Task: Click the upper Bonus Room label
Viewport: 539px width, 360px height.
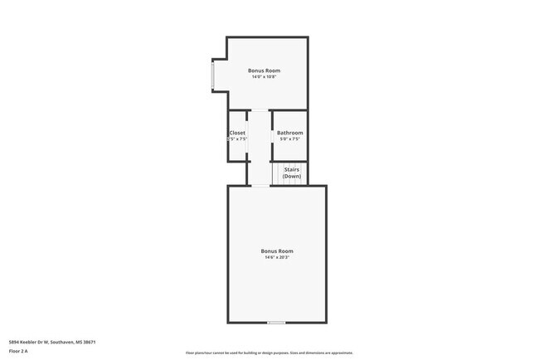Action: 264,71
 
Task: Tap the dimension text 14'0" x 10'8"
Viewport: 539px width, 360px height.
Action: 264,77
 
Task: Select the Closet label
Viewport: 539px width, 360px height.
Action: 237,133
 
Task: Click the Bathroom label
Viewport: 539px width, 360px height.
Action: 289,133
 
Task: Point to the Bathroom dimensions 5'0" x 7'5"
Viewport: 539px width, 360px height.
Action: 289,139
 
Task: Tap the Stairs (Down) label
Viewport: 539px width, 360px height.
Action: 292,173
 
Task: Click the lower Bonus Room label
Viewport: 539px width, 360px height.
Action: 276,251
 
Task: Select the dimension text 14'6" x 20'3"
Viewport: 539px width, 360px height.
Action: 276,257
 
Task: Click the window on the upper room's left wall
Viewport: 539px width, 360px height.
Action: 212,75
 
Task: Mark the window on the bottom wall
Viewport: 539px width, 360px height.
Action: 276,323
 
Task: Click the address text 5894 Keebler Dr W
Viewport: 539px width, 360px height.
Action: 28,342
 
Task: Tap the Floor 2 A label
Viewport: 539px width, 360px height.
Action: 18,352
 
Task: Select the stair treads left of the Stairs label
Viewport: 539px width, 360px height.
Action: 278,173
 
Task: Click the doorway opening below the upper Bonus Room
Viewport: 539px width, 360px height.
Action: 260,110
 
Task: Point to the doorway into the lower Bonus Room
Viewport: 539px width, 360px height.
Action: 260,186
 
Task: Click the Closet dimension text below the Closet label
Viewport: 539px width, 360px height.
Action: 238,139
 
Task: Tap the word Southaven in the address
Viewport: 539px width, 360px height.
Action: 63,342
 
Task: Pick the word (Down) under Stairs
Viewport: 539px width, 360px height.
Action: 292,177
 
